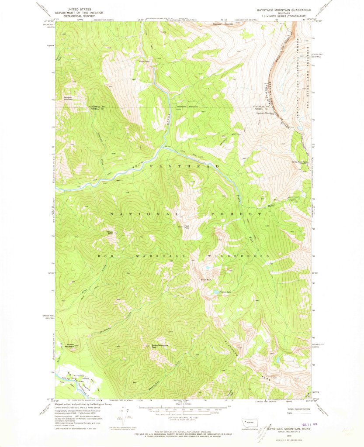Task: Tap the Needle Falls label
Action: pyautogui.click(x=144, y=62)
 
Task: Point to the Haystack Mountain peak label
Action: pyautogui.click(x=267, y=113)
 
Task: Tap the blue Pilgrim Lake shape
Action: pyautogui.click(x=215, y=292)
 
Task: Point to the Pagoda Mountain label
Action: pyautogui.click(x=69, y=345)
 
